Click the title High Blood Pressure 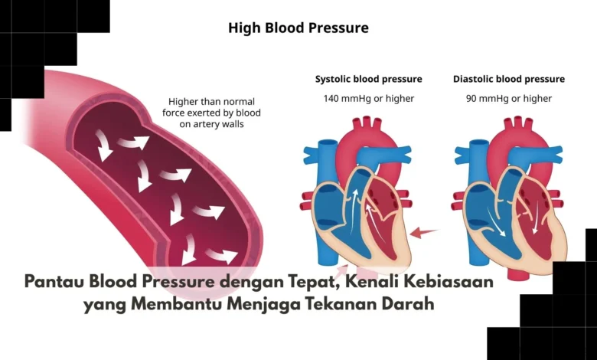click(x=298, y=28)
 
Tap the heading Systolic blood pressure click(x=369, y=79)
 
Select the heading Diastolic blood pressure click(x=509, y=79)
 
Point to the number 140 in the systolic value click(x=331, y=99)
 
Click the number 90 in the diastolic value click(x=471, y=99)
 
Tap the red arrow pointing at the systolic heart click(x=424, y=232)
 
